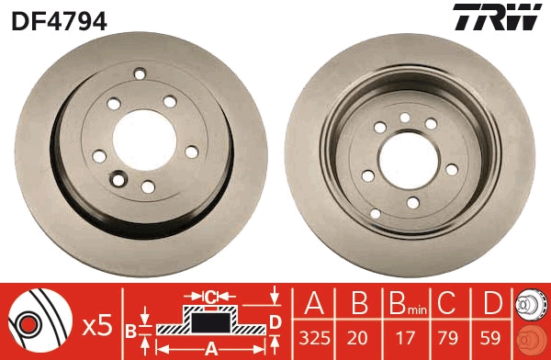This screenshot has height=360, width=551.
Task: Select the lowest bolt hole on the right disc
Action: [x=412, y=202]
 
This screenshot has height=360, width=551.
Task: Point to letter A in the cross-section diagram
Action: [x=211, y=348]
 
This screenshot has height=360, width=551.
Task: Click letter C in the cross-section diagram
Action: [x=210, y=297]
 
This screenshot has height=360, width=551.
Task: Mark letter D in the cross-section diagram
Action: [x=274, y=321]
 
